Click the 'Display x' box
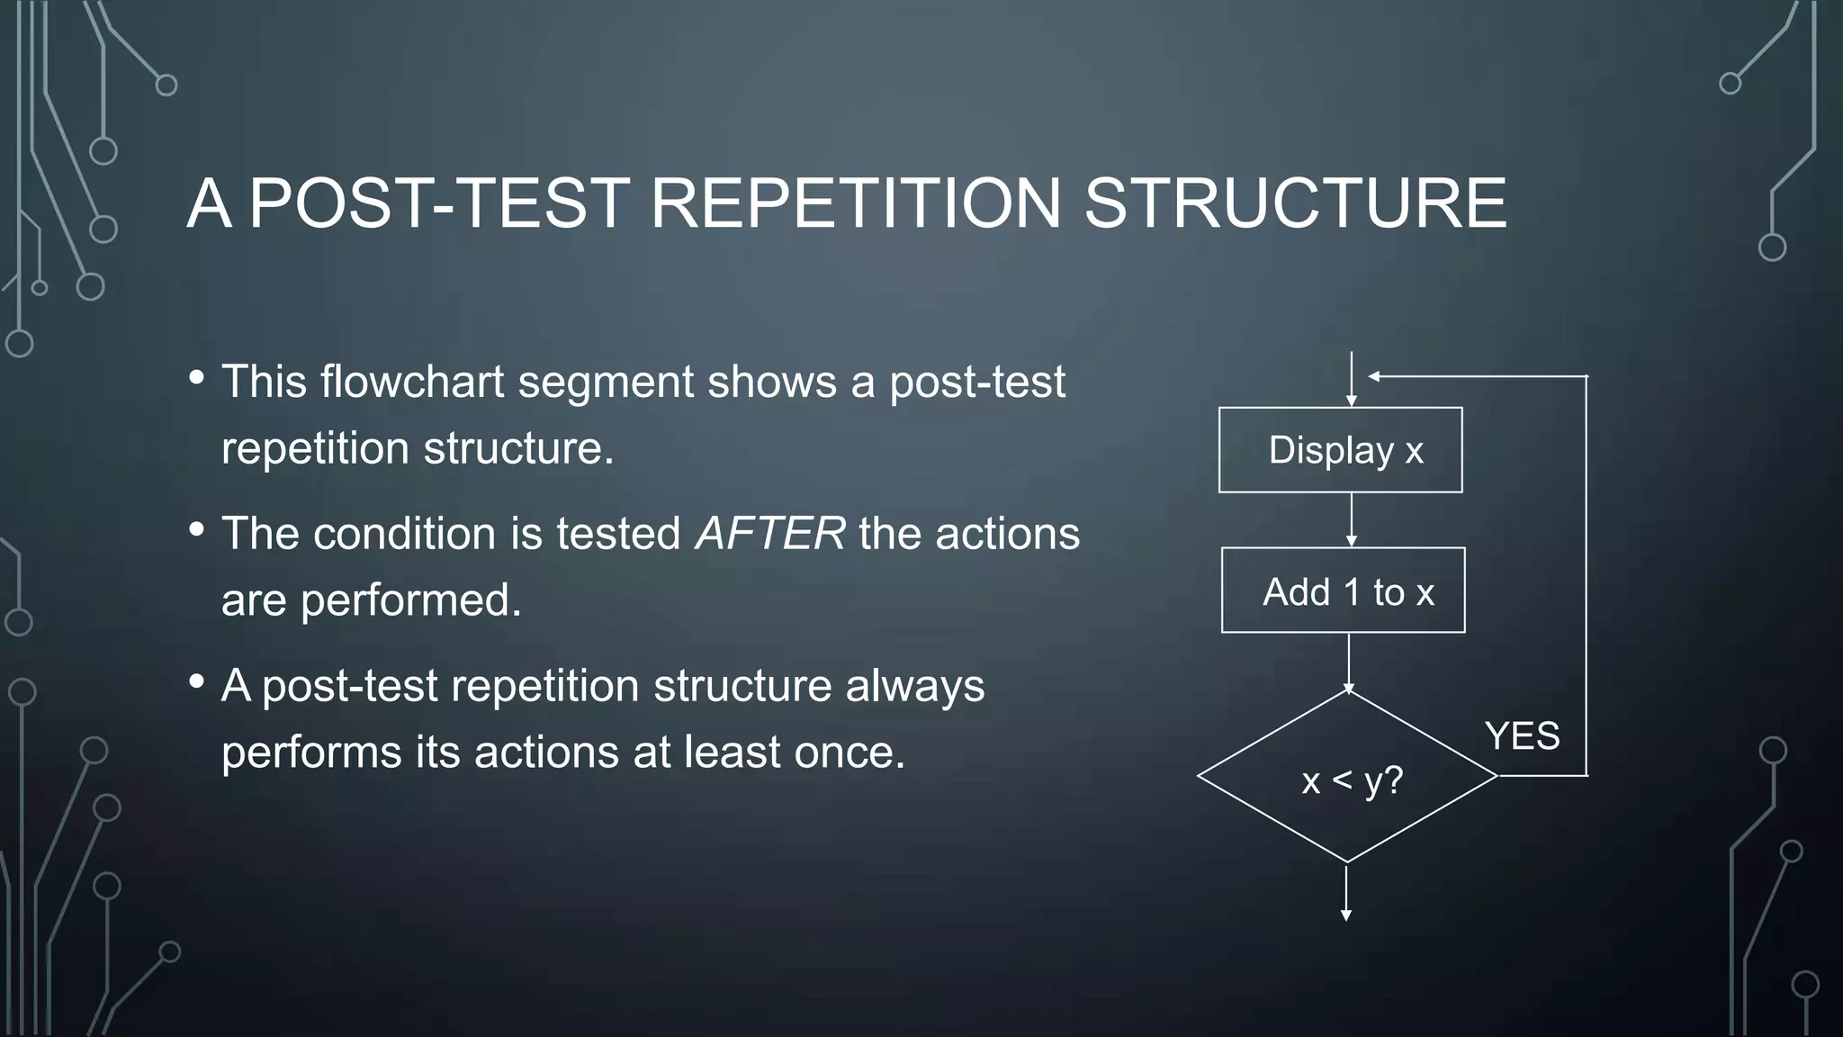coord(1340,450)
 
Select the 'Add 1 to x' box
coord(1343,591)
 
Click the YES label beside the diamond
coord(1522,736)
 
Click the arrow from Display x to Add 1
coord(1351,520)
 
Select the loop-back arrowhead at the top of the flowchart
coord(1375,376)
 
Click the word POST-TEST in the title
coord(439,203)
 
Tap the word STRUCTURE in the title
coord(1295,203)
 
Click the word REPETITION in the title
coord(856,203)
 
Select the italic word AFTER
coord(770,533)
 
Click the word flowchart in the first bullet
coord(412,381)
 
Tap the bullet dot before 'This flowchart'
coord(197,377)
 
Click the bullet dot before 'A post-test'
coord(197,681)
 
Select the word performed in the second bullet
coord(410,600)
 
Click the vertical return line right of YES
coord(1586,576)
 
